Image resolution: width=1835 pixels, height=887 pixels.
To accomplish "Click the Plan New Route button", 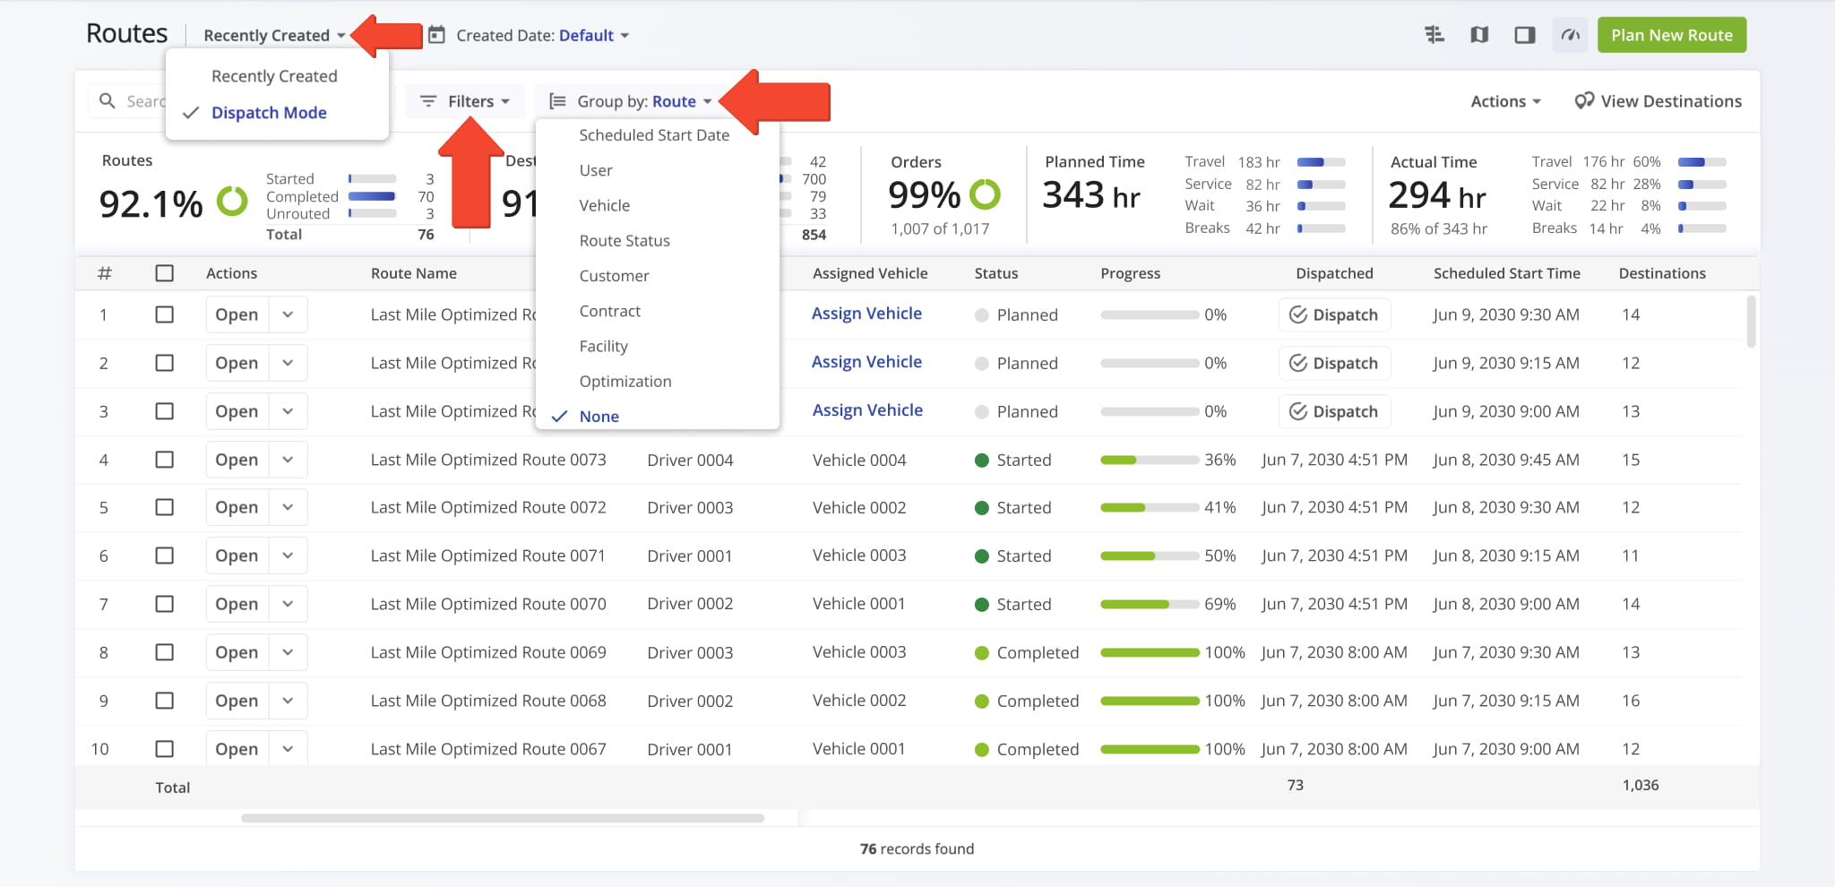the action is (1671, 35).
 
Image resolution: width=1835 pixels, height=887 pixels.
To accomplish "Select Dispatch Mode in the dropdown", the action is (269, 113).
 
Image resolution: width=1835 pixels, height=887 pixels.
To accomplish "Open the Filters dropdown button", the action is (465, 101).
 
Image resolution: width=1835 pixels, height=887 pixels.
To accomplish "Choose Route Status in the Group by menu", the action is (625, 241).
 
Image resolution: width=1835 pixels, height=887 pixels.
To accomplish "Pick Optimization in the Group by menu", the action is (625, 382).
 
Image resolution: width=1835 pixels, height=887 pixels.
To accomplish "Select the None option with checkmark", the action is (599, 417).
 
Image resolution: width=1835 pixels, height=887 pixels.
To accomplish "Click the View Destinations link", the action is (1658, 101).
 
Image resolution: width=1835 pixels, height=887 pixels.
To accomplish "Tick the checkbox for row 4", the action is (164, 460).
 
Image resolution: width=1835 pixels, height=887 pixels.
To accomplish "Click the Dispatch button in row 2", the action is (1334, 363).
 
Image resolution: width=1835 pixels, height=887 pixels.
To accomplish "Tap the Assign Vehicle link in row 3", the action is (867, 410).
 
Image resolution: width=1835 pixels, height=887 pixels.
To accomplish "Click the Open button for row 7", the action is (237, 604).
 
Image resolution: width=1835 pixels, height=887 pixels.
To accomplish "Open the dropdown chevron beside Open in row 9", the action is (288, 701).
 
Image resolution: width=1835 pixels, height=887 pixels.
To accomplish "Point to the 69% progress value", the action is (1220, 604).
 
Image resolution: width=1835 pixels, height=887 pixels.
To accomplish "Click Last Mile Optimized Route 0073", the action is (488, 460).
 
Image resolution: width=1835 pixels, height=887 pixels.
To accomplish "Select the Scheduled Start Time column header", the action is (1507, 273).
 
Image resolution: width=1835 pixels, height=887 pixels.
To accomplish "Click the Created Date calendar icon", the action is (436, 35).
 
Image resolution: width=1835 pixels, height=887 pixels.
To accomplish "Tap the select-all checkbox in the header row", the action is (164, 273).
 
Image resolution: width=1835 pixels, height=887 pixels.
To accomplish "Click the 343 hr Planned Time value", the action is (1091, 195).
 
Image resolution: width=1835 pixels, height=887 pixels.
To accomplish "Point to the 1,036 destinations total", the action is (1641, 785).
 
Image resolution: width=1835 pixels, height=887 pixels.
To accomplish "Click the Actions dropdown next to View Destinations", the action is (1505, 101).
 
